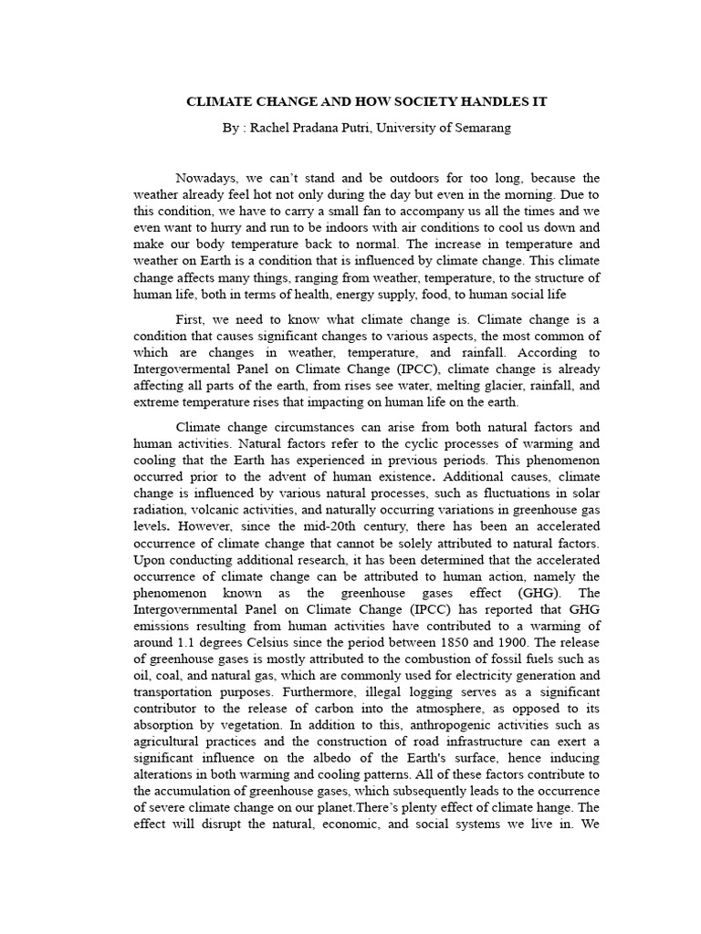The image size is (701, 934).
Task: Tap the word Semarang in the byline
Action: coord(481,128)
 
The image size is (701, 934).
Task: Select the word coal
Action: coord(145,677)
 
